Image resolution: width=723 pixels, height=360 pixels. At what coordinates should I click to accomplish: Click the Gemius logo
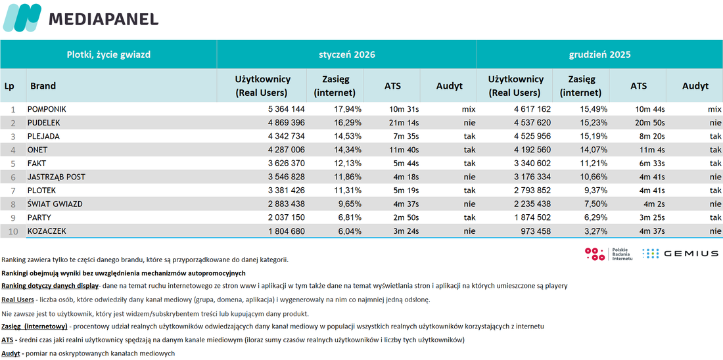click(680, 253)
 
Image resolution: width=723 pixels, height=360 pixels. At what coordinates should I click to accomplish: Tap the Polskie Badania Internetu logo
click(608, 254)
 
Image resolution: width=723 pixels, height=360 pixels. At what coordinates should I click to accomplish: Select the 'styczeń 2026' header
click(347, 55)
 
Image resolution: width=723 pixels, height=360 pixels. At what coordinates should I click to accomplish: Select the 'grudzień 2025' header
click(599, 55)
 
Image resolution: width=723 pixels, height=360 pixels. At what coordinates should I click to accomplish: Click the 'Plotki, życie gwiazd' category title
click(109, 55)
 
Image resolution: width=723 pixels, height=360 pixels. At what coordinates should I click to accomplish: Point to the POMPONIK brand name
click(47, 110)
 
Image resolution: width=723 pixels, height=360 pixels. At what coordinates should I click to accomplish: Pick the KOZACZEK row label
click(47, 231)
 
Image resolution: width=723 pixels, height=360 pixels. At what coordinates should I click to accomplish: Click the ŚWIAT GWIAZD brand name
click(55, 204)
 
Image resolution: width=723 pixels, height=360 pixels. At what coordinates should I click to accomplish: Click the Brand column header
click(43, 86)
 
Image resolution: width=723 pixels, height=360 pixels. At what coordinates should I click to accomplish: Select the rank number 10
click(14, 231)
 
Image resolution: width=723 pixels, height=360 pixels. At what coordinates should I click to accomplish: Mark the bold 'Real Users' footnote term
click(18, 300)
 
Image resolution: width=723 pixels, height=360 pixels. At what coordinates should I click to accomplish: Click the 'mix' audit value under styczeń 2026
click(469, 110)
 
